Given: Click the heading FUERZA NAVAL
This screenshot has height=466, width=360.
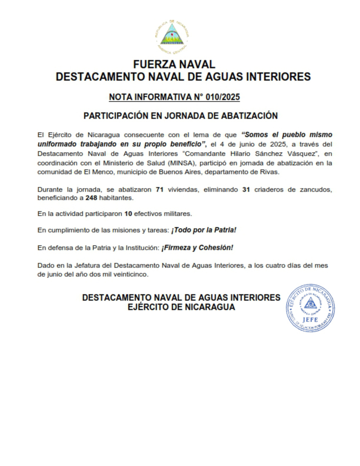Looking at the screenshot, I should click(x=174, y=65).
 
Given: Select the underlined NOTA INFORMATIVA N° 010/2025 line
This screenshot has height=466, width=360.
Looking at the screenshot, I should click(x=175, y=97).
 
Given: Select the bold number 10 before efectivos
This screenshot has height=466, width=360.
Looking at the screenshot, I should click(x=128, y=214).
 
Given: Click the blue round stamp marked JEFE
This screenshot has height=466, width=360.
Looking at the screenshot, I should click(x=310, y=308).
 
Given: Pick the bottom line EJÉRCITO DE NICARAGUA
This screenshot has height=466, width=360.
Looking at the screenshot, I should click(x=181, y=307).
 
